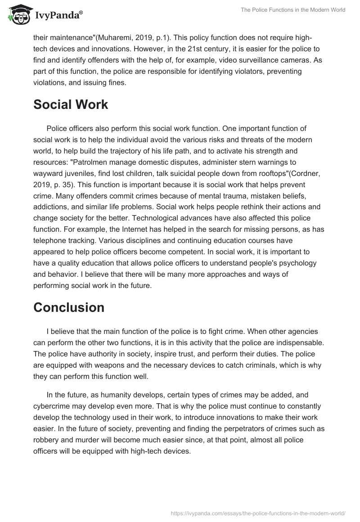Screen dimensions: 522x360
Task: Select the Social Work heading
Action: [x=71, y=104]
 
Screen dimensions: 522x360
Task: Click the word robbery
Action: [x=47, y=440]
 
